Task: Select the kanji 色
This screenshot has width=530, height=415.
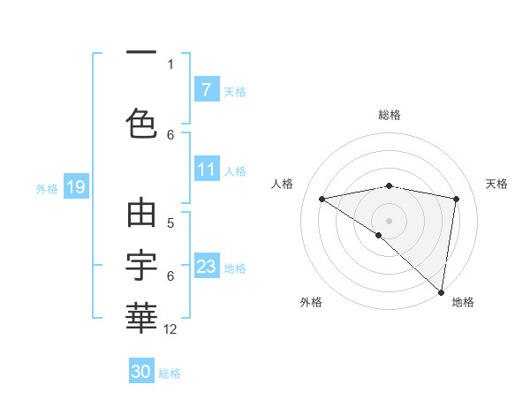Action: pos(141,122)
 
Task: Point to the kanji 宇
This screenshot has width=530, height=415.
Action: pos(141,262)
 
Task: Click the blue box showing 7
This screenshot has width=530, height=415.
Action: pos(206,89)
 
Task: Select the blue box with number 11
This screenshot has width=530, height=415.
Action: pos(206,170)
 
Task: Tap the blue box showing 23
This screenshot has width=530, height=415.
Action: pos(206,267)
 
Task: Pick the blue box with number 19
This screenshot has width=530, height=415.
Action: pos(75,187)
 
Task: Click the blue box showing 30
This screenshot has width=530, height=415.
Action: pos(141,372)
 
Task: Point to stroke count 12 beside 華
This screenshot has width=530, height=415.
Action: pos(170,329)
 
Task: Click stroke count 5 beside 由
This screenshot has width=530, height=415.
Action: pos(170,223)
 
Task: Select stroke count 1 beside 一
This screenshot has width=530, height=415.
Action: pos(170,64)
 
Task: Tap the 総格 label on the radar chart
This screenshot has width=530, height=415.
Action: pos(390,115)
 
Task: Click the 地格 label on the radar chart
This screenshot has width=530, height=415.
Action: pos(463,302)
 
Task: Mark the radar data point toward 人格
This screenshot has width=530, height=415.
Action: pos(322,199)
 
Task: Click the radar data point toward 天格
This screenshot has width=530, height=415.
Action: pos(456,199)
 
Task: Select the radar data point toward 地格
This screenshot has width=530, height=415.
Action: pos(441,291)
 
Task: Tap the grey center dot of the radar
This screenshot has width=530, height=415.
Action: pos(389,219)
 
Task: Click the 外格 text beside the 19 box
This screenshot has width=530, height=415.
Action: pos(47,188)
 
